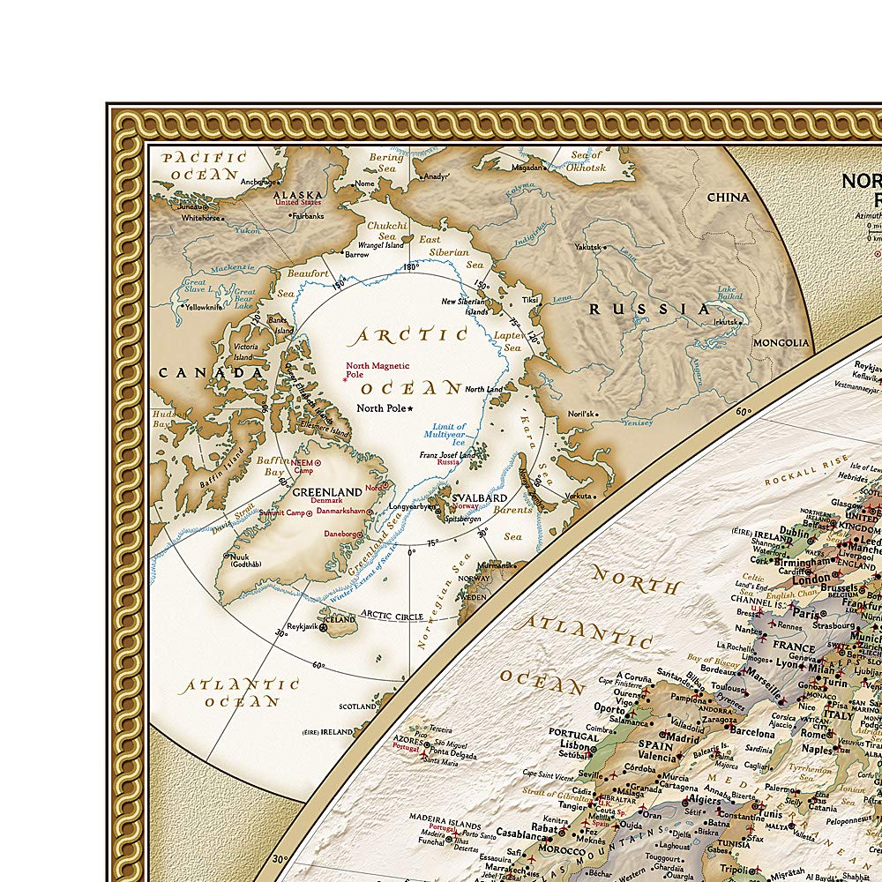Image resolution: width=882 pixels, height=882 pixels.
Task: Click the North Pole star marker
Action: (x=410, y=408)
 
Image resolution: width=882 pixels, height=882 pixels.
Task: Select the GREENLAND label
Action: (x=326, y=492)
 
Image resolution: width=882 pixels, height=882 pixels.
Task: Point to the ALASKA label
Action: (x=297, y=195)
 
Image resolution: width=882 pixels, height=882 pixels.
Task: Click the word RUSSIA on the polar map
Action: (x=649, y=309)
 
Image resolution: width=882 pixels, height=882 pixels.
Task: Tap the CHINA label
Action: (x=728, y=197)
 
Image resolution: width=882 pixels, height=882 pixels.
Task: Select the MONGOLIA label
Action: (x=781, y=343)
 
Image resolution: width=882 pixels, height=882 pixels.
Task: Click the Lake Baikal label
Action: (x=727, y=295)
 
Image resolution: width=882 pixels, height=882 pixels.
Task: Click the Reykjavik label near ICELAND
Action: (x=298, y=624)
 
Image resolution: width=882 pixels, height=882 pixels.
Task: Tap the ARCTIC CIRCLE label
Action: (x=391, y=615)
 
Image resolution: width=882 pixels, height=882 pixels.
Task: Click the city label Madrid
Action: (x=683, y=737)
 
